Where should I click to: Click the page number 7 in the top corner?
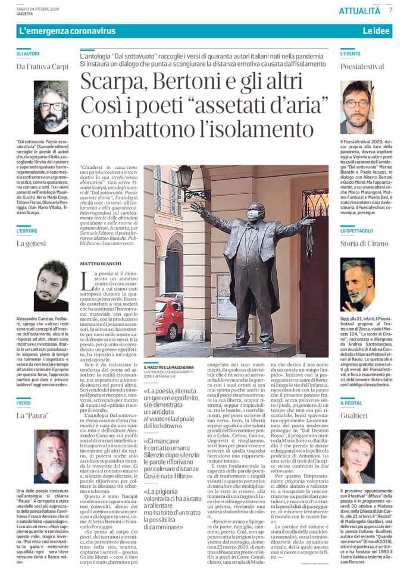coord(390,10)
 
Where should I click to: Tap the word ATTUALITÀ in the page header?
coord(359,11)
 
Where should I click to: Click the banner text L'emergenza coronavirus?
coord(59,30)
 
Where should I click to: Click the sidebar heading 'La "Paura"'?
coord(32,414)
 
